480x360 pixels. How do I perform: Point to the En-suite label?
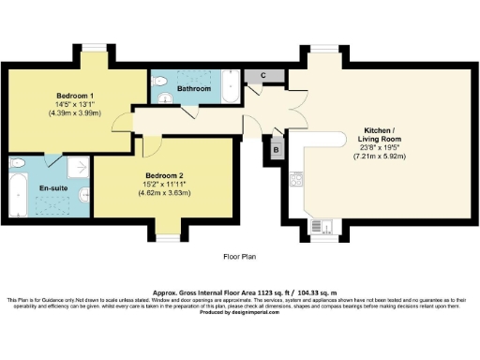pyautogui.click(x=52, y=187)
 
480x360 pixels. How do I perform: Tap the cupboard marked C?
pyautogui.click(x=263, y=75)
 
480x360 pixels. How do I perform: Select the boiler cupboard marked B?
pyautogui.click(x=277, y=148)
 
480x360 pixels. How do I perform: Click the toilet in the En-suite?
pyautogui.click(x=18, y=163)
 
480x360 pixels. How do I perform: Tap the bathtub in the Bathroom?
pyautogui.click(x=230, y=90)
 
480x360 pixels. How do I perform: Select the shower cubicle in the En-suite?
pyautogui.click(x=79, y=165)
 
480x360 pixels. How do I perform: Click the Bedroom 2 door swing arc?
pyautogui.click(x=149, y=146)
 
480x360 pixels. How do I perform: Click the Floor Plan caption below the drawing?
pyautogui.click(x=238, y=255)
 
